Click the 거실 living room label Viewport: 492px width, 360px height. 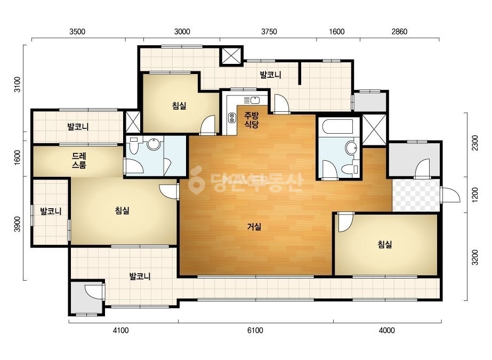point(254,226)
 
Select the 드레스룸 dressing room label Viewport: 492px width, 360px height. point(79,160)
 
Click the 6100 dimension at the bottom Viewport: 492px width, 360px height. point(255,330)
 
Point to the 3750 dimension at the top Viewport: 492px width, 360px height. point(269,31)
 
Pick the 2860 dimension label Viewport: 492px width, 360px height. point(399,31)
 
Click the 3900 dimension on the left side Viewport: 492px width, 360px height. point(17,224)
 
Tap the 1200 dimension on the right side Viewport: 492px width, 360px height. point(475,195)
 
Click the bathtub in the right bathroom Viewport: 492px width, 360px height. point(339,127)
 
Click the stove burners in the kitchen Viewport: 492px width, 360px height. point(232,117)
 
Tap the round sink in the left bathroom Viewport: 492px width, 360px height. point(154,144)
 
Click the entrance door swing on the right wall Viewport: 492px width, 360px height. point(450,195)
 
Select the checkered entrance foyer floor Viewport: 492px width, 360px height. point(416,195)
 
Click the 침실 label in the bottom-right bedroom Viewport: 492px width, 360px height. point(385,244)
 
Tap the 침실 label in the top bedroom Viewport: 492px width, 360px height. point(179,105)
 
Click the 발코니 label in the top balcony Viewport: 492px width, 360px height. point(270,75)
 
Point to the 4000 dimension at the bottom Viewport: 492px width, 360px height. point(386,330)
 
